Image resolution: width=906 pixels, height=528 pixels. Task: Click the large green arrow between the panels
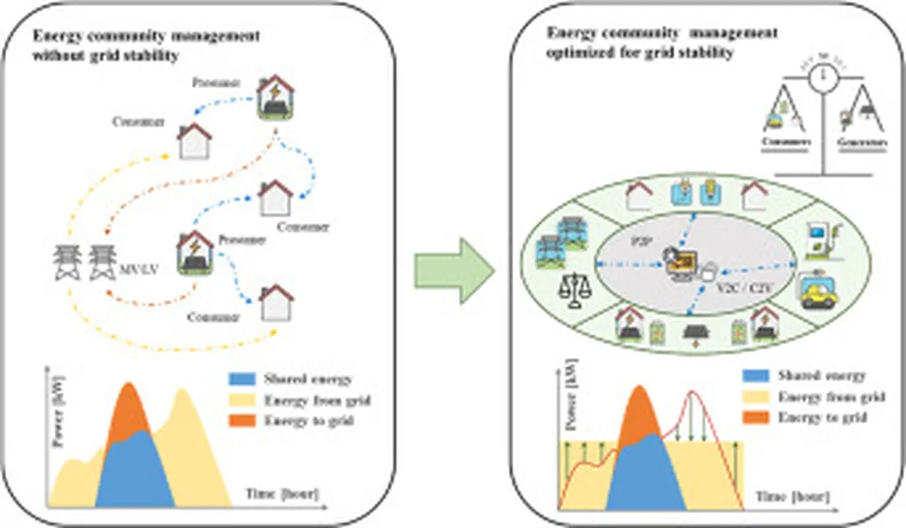455,264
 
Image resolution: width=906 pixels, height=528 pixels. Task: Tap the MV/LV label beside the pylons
133,265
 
